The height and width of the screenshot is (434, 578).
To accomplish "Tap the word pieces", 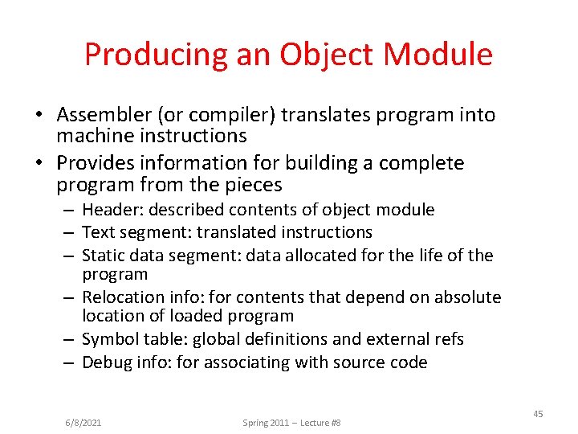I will [x=254, y=185].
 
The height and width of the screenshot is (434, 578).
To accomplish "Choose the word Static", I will [x=103, y=255].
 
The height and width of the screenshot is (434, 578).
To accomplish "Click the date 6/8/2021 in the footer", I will [x=83, y=422].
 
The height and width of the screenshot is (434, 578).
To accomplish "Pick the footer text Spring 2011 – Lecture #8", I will [x=291, y=422].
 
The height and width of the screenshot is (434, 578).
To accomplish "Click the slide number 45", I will [x=538, y=414].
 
